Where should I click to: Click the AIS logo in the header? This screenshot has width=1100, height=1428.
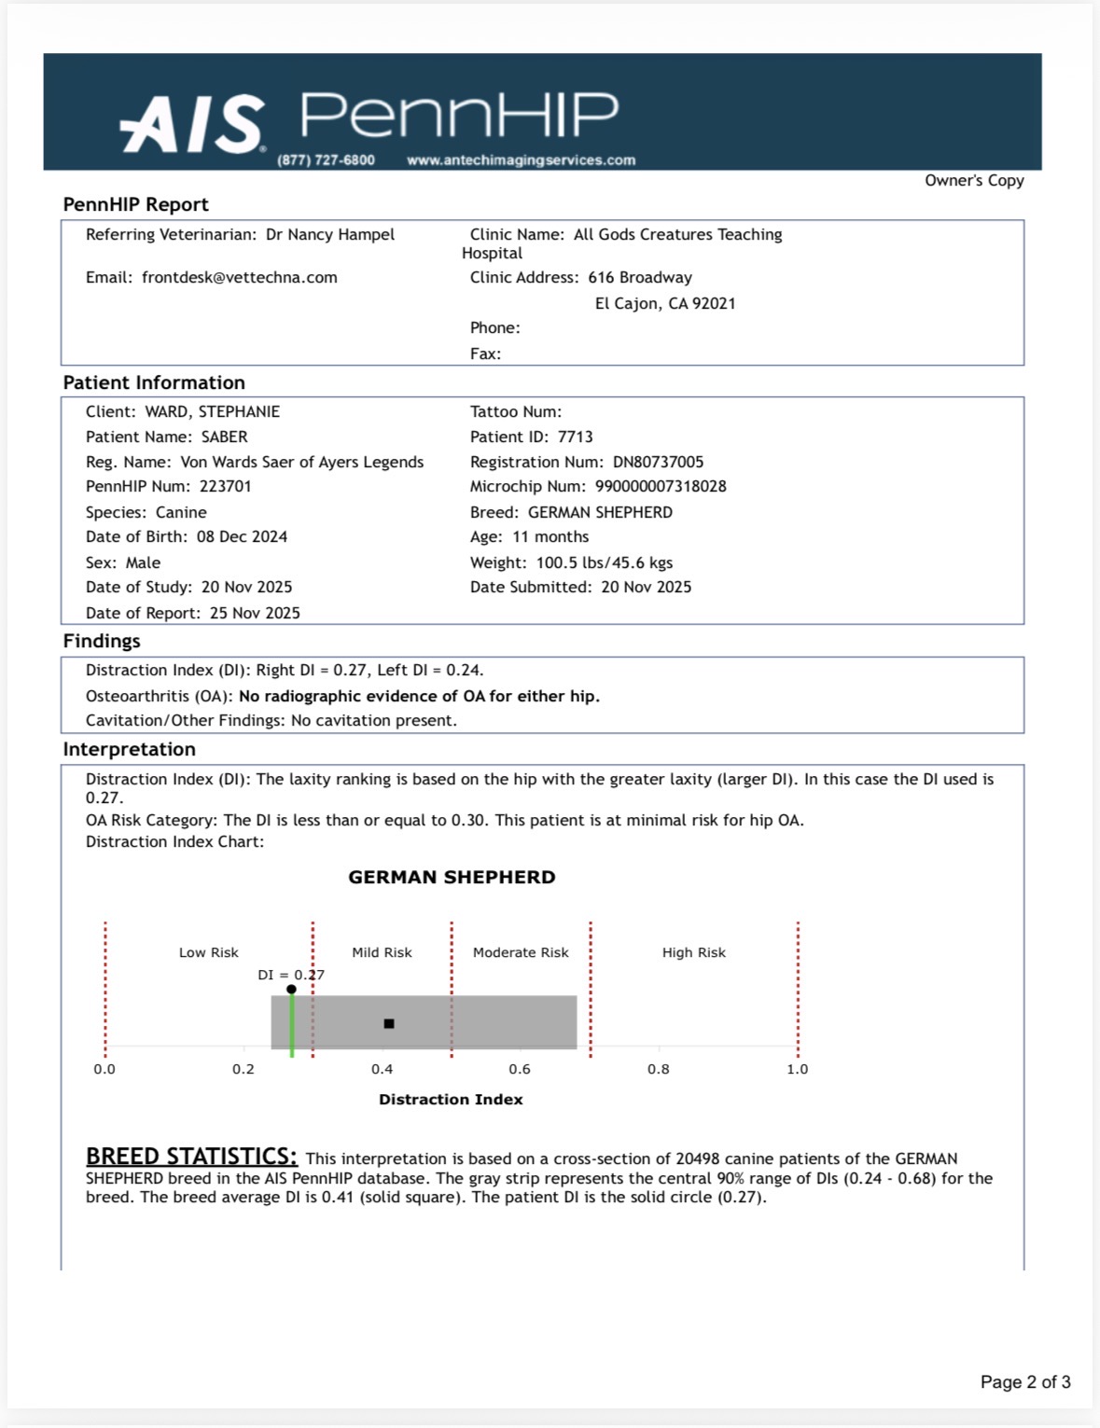[x=192, y=124]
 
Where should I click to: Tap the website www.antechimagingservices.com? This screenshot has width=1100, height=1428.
[x=521, y=160]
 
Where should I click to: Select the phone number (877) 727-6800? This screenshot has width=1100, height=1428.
[x=326, y=160]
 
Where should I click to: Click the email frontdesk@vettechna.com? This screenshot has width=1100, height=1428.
[x=239, y=278]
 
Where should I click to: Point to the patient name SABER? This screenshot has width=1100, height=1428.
[x=224, y=437]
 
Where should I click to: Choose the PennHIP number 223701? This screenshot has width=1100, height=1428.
[x=225, y=487]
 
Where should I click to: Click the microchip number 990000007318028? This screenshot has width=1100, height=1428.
[x=660, y=487]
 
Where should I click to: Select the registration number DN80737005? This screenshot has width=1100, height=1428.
[x=658, y=463]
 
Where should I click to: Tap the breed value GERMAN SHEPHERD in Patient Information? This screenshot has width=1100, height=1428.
[x=600, y=513]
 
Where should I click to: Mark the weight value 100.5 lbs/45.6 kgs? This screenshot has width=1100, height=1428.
[x=604, y=563]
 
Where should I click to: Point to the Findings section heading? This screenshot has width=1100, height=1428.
[x=102, y=642]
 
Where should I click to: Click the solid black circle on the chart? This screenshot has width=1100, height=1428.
[x=292, y=990]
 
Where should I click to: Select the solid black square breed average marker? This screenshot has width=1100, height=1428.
[x=389, y=1024]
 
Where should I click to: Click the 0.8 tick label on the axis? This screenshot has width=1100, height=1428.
[x=659, y=1070]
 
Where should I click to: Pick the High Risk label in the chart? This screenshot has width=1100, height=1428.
[x=693, y=953]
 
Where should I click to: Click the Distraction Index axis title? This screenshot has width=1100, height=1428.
[x=451, y=1100]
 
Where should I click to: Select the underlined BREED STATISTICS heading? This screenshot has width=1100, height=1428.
[x=191, y=1157]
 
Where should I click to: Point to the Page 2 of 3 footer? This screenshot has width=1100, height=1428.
[x=1024, y=1382]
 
